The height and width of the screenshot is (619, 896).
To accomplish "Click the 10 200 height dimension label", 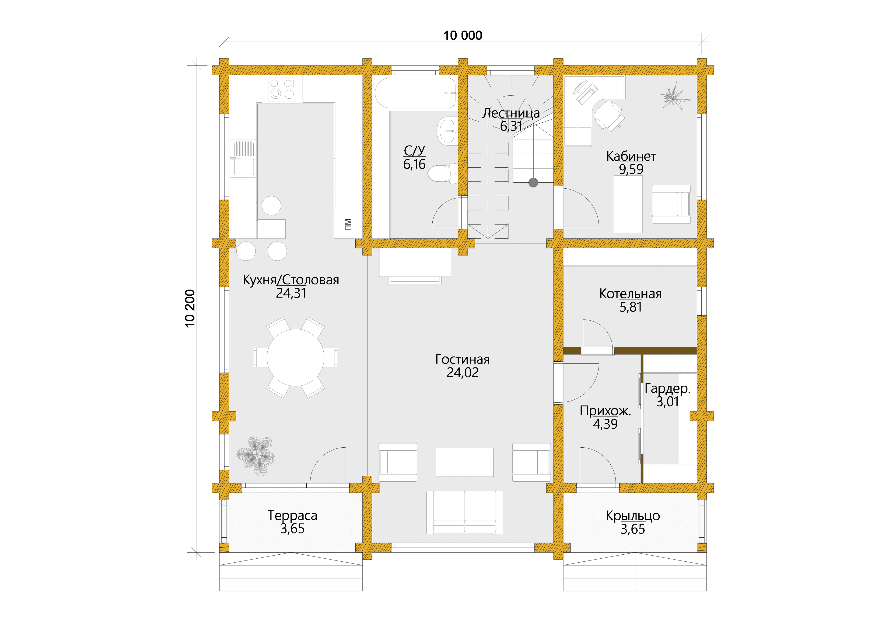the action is click(x=190, y=308).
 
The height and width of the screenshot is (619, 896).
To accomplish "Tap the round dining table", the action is click(x=295, y=358).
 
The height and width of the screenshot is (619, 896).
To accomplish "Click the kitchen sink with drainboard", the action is click(x=243, y=158).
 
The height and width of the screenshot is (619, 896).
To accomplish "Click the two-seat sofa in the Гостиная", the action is click(x=465, y=512).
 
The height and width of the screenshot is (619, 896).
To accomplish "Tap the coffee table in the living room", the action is click(x=465, y=462).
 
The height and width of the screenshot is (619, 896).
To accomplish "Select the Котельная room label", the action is click(x=630, y=294).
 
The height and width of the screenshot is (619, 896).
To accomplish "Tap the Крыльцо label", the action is click(x=633, y=516).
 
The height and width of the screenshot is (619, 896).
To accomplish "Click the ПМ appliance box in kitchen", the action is click(x=348, y=225).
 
